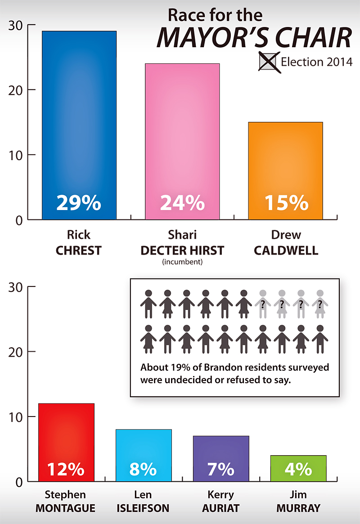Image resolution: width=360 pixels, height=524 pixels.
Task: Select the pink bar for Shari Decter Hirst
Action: (x=182, y=135)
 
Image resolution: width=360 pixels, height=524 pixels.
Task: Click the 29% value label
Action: (x=79, y=203)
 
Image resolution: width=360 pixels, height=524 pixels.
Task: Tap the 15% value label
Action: (x=286, y=203)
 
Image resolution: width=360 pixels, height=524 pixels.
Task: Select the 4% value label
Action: (x=298, y=470)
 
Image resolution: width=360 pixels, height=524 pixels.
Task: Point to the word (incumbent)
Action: (x=182, y=261)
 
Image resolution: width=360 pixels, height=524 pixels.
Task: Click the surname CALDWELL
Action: (x=286, y=251)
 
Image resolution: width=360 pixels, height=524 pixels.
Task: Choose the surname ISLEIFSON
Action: (x=143, y=508)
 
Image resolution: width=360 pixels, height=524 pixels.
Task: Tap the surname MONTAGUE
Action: (x=66, y=508)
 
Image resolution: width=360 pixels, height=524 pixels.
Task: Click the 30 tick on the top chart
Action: (x=16, y=25)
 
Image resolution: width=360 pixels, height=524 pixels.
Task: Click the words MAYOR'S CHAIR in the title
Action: (x=253, y=37)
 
